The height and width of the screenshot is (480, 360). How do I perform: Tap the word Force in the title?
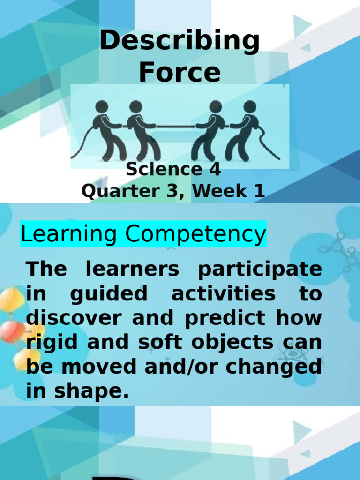click(x=180, y=73)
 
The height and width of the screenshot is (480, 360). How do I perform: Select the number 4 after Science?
click(x=215, y=169)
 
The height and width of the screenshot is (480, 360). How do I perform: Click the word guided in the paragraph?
click(x=109, y=295)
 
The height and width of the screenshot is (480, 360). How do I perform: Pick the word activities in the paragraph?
click(x=223, y=295)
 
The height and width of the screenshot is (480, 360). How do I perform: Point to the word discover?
click(x=75, y=319)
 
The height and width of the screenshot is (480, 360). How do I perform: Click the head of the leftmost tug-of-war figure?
click(x=101, y=107)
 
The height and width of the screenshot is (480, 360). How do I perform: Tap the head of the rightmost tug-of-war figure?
click(x=250, y=107)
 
